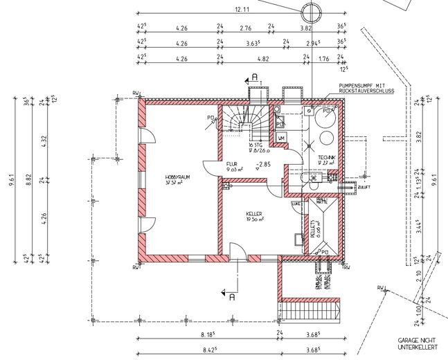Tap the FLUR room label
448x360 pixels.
point(232,164)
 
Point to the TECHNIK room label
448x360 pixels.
point(327,157)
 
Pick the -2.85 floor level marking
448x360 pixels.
point(262,165)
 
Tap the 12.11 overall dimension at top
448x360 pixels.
point(242,10)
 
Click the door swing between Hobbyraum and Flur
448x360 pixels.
point(210,168)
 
